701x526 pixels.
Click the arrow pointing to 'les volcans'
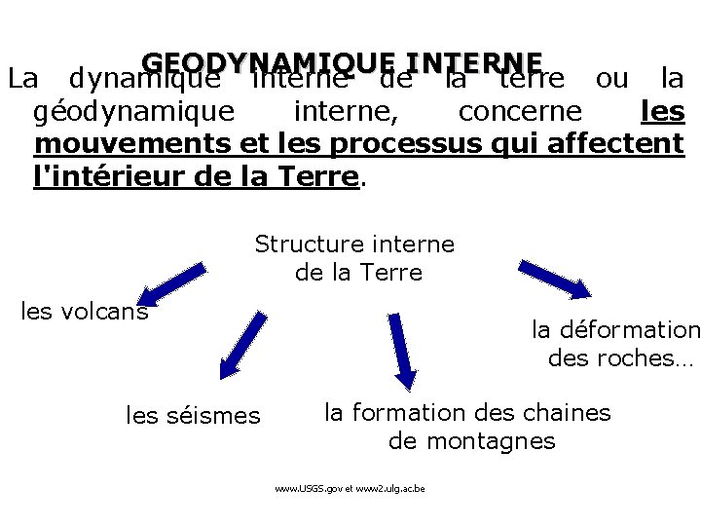coord(172,282)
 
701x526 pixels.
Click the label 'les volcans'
coord(85,311)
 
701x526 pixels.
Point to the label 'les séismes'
coord(194,416)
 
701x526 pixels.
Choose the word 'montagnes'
coord(471,441)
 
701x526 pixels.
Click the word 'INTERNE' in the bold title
coord(474,62)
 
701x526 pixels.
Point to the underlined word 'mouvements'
coord(131,144)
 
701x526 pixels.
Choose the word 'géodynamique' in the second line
coord(133,112)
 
